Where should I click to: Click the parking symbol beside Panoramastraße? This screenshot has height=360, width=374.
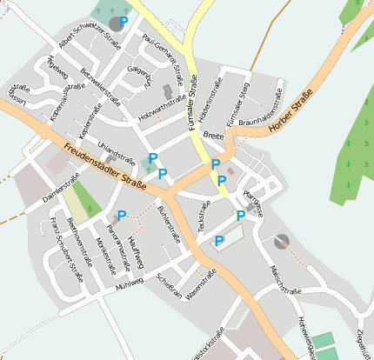point(122,215)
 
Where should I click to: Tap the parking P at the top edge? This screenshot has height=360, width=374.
point(124,21)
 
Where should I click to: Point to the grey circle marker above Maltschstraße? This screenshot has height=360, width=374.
point(280,241)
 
